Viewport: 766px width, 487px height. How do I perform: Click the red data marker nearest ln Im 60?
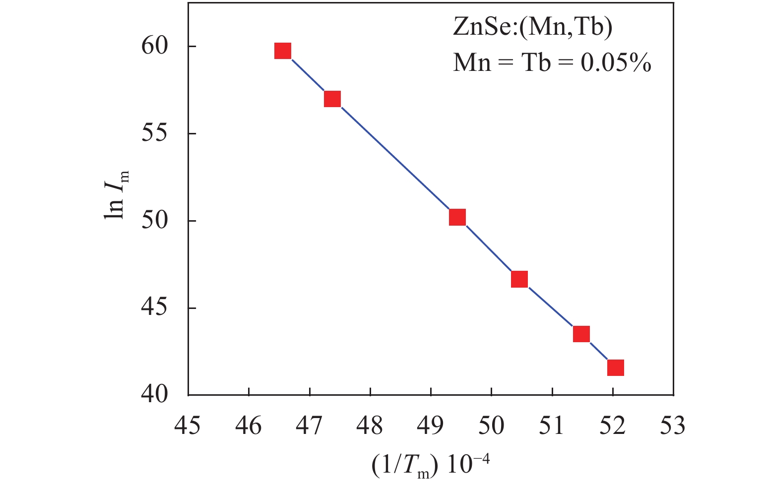click(x=282, y=51)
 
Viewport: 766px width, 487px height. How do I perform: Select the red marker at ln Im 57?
click(x=332, y=99)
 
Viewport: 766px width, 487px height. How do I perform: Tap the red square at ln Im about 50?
click(x=457, y=217)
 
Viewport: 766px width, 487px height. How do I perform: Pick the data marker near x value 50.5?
click(x=519, y=279)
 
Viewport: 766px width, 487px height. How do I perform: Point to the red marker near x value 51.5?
click(x=581, y=334)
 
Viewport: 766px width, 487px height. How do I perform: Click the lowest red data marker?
click(x=615, y=367)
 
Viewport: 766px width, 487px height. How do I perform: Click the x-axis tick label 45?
click(x=188, y=425)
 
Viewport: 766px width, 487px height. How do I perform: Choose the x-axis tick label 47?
click(x=310, y=425)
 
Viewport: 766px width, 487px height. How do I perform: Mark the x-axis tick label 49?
click(x=431, y=425)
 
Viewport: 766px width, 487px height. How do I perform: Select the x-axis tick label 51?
click(x=552, y=425)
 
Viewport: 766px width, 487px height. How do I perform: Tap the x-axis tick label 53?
click(x=673, y=425)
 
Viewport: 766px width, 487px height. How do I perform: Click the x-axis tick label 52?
click(x=613, y=425)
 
